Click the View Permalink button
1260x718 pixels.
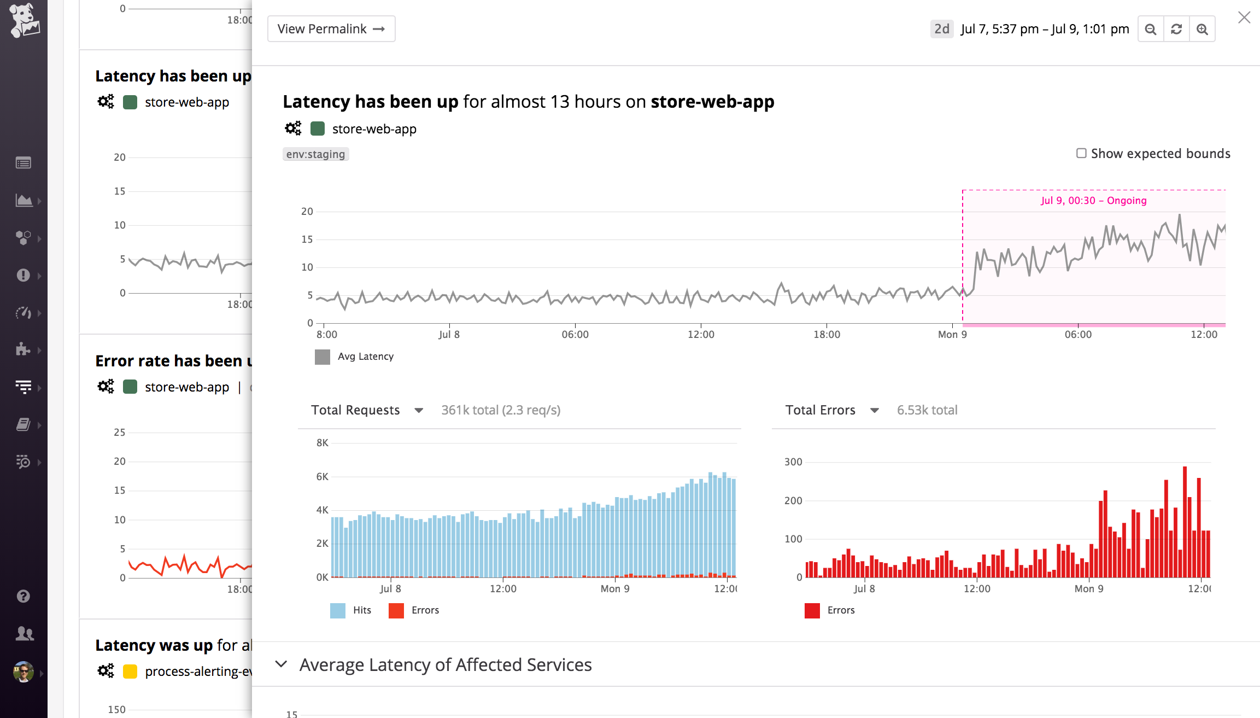331,29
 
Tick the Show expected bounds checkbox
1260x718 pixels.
1081,153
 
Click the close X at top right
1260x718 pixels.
1244,17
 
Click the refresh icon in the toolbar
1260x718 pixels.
1176,29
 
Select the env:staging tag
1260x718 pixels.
315,154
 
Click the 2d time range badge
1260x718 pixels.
941,29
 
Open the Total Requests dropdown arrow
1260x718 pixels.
419,410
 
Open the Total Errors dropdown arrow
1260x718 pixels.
874,410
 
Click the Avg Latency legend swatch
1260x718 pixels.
323,357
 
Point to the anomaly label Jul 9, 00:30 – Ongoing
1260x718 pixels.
1093,201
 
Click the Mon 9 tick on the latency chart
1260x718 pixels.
952,334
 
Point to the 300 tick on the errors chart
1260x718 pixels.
793,462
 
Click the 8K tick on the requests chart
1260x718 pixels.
322,443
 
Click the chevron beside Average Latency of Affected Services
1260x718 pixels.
281,664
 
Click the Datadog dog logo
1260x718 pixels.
24,20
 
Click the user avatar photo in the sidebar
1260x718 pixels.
24,672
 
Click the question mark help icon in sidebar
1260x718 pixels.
24,596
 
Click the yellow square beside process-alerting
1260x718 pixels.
130,672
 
